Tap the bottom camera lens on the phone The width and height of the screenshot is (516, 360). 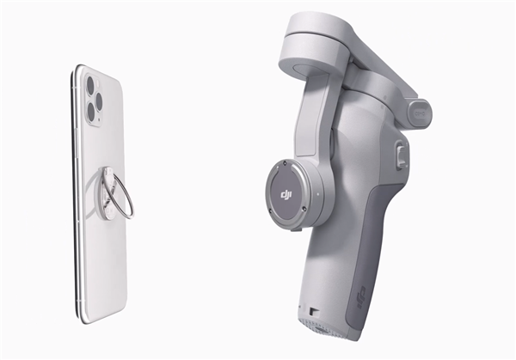pyautogui.click(x=91, y=112)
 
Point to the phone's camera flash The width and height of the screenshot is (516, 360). pyautogui.click(x=99, y=85)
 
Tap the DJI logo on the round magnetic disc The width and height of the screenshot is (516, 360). pyautogui.click(x=286, y=196)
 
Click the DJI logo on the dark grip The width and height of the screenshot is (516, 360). pyautogui.click(x=361, y=296)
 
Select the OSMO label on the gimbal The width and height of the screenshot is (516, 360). pyautogui.click(x=421, y=113)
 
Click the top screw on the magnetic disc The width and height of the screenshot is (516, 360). pyautogui.click(x=285, y=163)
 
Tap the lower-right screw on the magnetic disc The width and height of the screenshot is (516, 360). pyautogui.click(x=304, y=209)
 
